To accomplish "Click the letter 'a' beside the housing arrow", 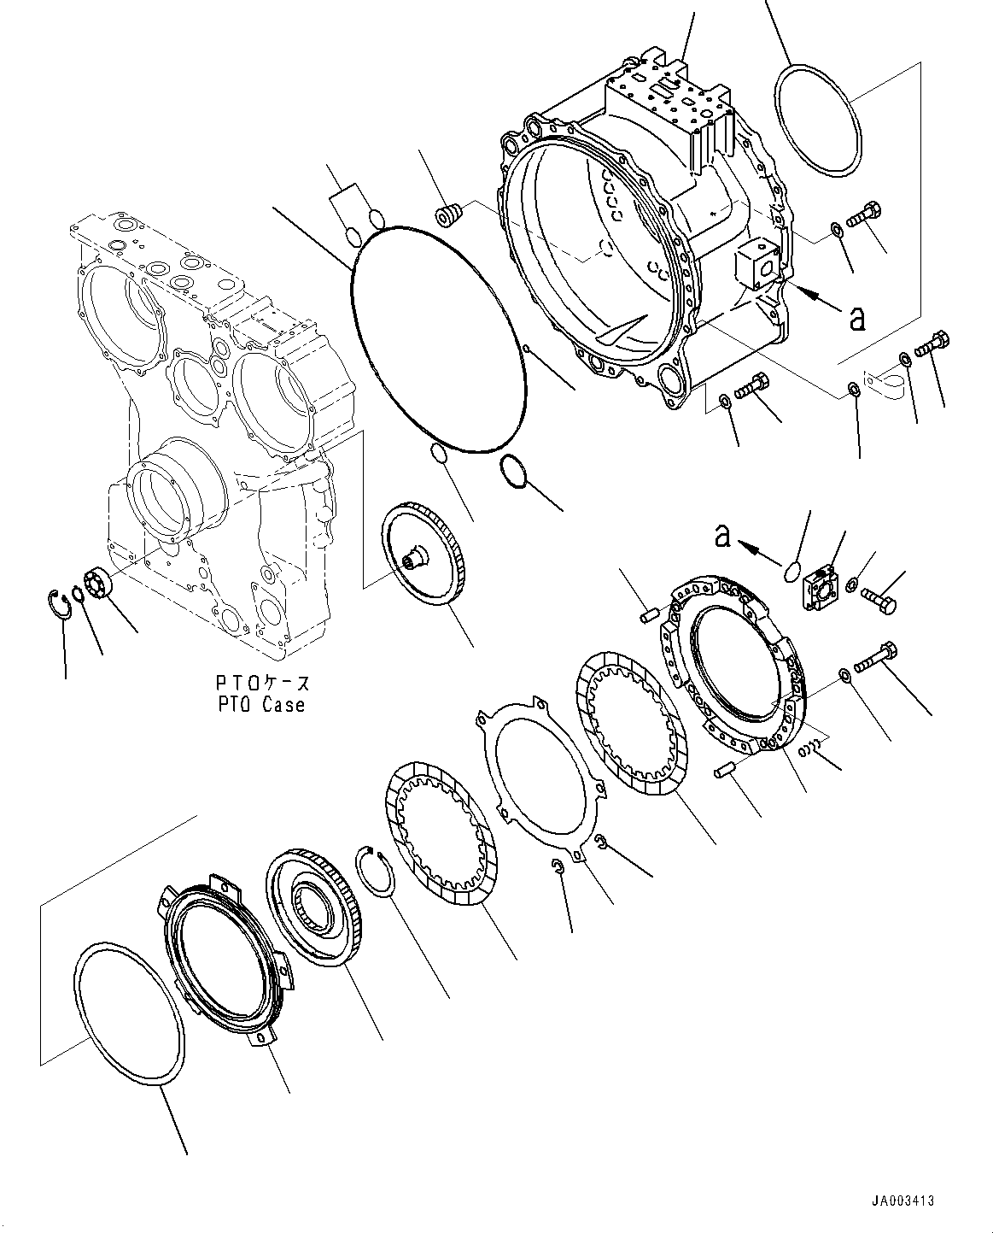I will (857, 318).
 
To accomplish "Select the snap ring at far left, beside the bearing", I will (57, 601).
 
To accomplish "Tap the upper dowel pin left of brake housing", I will (650, 613).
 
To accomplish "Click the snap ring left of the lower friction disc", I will (372, 869).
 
